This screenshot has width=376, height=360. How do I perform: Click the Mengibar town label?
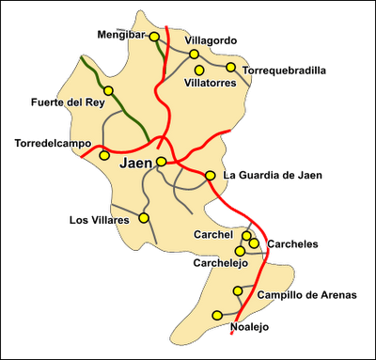pos(120,34)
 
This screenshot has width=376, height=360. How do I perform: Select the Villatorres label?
pos(210,82)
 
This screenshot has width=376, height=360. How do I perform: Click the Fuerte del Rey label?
pos(63,102)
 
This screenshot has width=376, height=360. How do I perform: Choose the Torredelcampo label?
pos(47,143)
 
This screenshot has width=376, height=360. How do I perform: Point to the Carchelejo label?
pos(219,264)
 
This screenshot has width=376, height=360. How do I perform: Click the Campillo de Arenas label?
pos(307,295)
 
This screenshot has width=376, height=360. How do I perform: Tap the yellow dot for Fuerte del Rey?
pos(108,90)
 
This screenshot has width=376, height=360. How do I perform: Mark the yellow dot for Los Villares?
pos(144,218)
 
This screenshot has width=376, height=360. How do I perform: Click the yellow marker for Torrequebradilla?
pos(230,67)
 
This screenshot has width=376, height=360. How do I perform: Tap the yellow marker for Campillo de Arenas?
pos(236,290)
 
